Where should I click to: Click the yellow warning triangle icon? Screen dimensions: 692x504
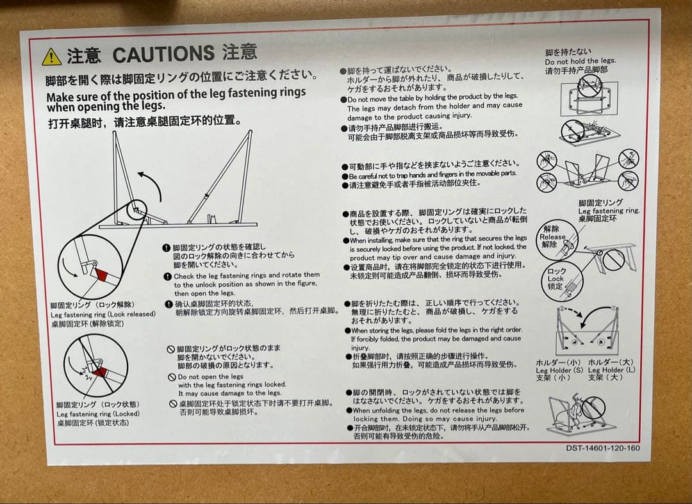point(52,58)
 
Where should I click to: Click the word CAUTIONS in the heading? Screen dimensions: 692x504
point(163,54)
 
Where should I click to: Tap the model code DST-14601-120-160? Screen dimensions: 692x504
point(603,448)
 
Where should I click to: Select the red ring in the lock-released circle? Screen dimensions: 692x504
point(101,275)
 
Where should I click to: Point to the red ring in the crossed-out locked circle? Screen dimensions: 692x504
point(101,372)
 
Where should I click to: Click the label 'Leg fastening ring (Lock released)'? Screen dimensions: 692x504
point(103,314)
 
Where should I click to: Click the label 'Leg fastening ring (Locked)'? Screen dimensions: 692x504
point(98,414)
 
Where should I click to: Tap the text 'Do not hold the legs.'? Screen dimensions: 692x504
point(581,61)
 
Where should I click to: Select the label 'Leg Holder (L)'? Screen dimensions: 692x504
point(611,370)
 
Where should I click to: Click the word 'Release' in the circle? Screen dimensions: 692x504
point(552,237)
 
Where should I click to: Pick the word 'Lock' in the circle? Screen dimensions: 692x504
point(556,279)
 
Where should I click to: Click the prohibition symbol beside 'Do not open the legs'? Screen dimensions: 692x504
point(172,377)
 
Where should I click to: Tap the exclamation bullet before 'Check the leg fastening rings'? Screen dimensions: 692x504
point(168,277)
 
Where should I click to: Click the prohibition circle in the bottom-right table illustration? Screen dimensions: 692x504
point(593,407)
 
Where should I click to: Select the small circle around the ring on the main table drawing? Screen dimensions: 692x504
point(136,209)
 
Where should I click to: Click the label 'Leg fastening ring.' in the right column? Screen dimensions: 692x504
point(609,211)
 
